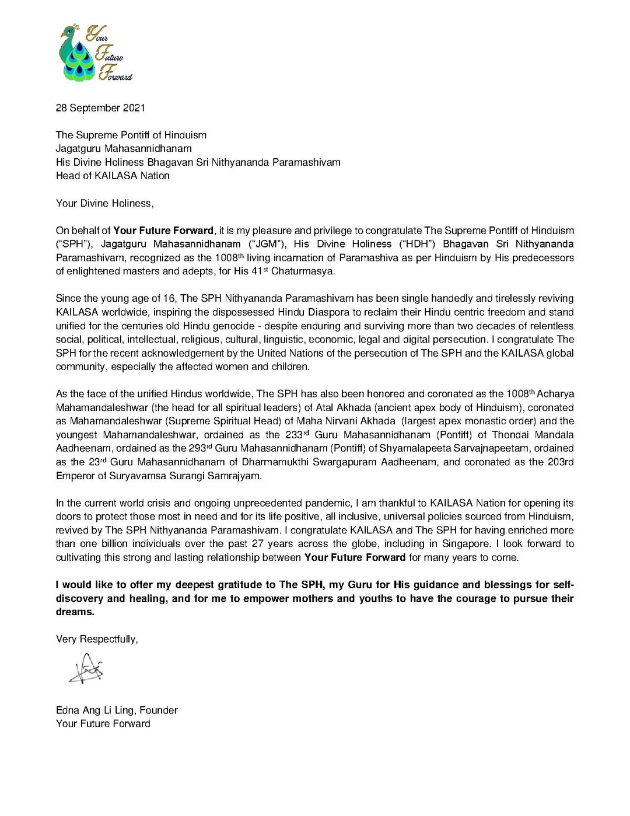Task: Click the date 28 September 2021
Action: pyautogui.click(x=100, y=108)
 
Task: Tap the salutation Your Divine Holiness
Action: pyautogui.click(x=104, y=203)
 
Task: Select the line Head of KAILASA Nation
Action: pyautogui.click(x=113, y=176)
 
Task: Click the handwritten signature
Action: pyautogui.click(x=86, y=669)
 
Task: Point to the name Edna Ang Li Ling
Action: pyautogui.click(x=95, y=710)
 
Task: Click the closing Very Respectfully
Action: pyautogui.click(x=97, y=639)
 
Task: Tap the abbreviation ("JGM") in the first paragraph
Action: pyautogui.click(x=267, y=244)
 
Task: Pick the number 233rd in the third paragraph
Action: pyautogui.click(x=297, y=435)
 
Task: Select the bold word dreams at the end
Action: pyautogui.click(x=75, y=612)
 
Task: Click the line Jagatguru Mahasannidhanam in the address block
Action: pyautogui.click(x=124, y=149)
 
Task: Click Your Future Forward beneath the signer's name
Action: pyautogui.click(x=103, y=724)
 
